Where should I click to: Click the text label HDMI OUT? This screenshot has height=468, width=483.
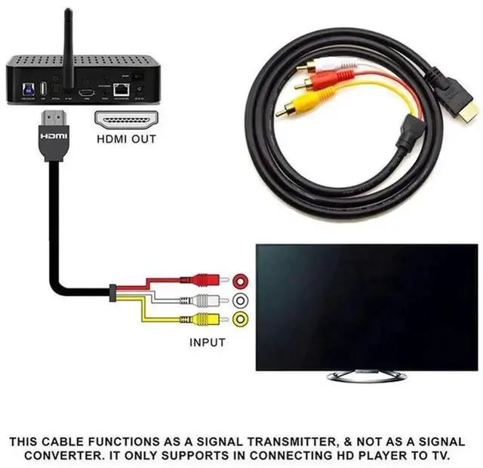point(126,139)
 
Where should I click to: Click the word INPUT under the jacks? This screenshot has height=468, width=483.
point(207,342)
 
